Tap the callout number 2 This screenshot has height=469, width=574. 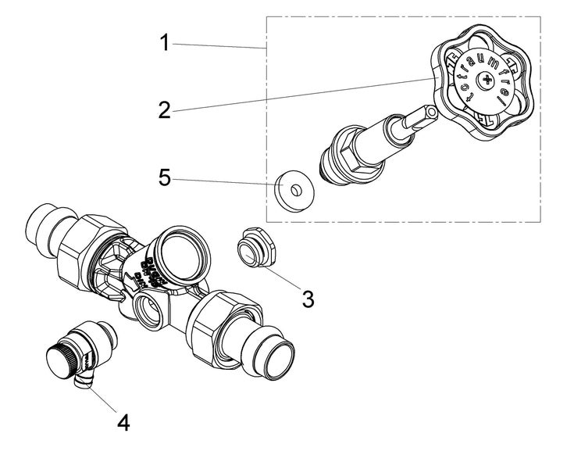tap(164, 109)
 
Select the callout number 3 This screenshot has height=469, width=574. tap(308, 298)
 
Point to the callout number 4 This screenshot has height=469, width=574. tap(123, 422)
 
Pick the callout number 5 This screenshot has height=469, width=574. tap(164, 177)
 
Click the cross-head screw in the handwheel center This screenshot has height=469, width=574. tap(488, 81)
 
